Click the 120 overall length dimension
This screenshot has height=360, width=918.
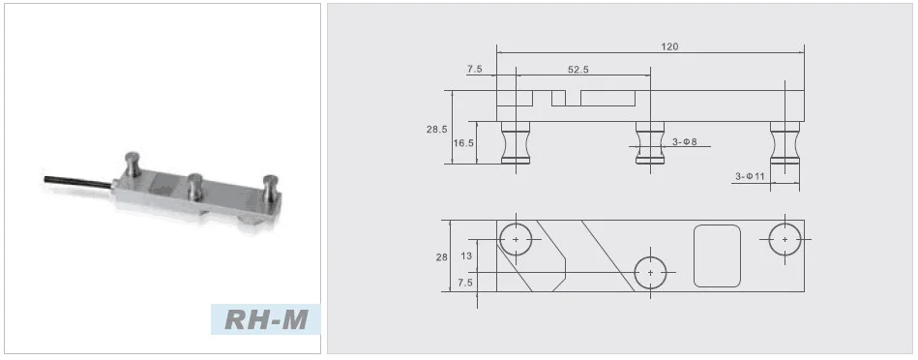pos(669,46)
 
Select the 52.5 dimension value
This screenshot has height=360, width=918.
pos(577,69)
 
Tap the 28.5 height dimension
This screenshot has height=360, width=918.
pos(437,130)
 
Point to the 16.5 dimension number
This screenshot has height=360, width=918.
pos(463,143)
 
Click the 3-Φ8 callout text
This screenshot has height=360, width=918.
pos(684,141)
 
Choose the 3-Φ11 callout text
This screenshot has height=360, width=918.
pos(750,176)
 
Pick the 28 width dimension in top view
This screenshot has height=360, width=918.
pos(441,256)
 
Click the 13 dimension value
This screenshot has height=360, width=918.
pos(466,255)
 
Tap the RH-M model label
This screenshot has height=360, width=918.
pos(266,319)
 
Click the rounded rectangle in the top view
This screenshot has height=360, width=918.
pos(717,255)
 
